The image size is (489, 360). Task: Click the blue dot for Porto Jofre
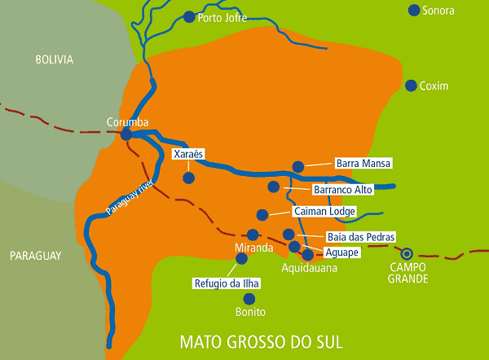pos(189,16)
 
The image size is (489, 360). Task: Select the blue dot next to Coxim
pos(411,86)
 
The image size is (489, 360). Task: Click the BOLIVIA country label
pos(55,59)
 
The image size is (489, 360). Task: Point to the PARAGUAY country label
pos(36,256)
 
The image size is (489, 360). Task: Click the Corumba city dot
pos(127,134)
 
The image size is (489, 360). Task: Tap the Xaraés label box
pos(188,153)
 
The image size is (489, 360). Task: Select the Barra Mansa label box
pos(363,163)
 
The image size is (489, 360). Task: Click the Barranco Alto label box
pos(342,190)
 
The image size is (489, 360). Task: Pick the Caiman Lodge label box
pos(324,211)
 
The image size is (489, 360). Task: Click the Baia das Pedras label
pos(360,237)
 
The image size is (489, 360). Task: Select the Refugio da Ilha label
pos(225,284)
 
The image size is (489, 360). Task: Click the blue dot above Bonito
pos(249,299)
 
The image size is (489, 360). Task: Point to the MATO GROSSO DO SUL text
pos(261,340)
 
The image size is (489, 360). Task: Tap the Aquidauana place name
pos(309,267)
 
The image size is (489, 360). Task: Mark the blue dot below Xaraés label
pos(188,177)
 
